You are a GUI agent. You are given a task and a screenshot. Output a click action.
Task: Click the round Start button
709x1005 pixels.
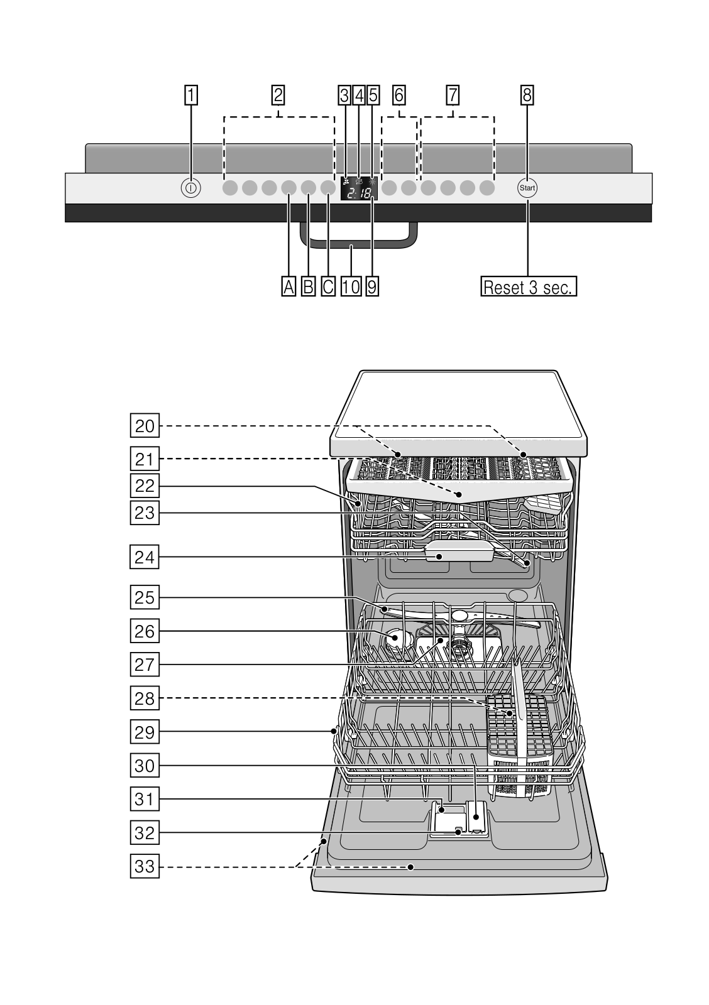[x=527, y=188]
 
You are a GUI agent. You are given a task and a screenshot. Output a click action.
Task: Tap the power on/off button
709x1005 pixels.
[x=190, y=188]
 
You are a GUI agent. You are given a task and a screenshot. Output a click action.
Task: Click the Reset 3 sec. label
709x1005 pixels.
[x=528, y=287]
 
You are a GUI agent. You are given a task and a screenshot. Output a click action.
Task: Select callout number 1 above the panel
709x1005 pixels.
[x=190, y=95]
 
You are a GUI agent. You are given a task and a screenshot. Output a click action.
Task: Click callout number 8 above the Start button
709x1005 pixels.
[x=527, y=95]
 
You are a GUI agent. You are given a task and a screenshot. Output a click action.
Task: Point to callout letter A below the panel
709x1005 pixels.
[x=289, y=287]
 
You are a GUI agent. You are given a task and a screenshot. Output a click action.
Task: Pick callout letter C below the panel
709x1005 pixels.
[x=328, y=287]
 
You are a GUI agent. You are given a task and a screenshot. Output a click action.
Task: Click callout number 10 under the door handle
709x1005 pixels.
[x=351, y=287]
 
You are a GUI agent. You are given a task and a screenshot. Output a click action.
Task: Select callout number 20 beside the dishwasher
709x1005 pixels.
[x=145, y=426]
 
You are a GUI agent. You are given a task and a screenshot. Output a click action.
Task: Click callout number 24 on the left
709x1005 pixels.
[x=145, y=557]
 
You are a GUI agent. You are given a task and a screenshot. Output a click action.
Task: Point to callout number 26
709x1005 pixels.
[x=145, y=631]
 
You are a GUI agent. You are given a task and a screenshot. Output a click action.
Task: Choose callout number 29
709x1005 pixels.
[x=145, y=732]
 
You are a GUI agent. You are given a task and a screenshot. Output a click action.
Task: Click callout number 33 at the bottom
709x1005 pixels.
[x=145, y=867]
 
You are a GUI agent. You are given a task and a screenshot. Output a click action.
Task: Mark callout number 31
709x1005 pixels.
[x=145, y=799]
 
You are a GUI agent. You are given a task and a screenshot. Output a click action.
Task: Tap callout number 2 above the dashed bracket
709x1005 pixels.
[x=278, y=95]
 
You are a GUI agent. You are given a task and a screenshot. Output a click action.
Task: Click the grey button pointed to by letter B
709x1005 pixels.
[x=309, y=188]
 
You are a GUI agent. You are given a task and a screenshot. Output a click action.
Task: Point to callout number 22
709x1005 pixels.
[x=145, y=486]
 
